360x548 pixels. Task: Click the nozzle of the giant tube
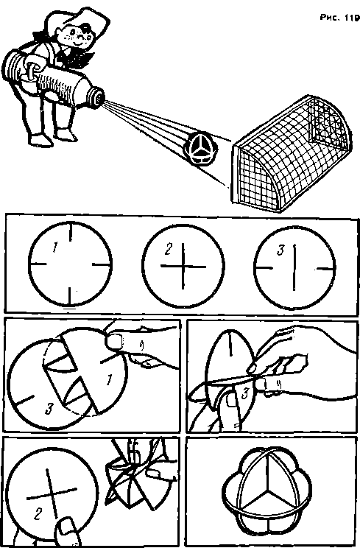tap(96, 96)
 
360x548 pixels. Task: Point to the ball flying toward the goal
tap(201, 150)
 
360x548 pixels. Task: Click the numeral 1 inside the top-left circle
tap(54, 247)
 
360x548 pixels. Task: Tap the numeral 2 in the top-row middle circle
tap(169, 248)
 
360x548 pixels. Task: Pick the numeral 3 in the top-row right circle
tap(280, 250)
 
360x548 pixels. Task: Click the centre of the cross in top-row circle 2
tap(183, 267)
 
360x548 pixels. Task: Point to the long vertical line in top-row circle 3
tap(294, 267)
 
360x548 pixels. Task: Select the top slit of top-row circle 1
tap(71, 232)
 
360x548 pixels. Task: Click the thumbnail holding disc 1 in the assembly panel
tap(114, 341)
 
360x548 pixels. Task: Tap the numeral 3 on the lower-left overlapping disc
tap(49, 408)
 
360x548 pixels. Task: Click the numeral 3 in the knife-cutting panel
tap(244, 394)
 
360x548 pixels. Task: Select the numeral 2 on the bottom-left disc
tap(38, 514)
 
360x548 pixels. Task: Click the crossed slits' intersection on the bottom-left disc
tap(52, 493)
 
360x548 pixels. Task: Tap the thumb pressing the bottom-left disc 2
tap(66, 529)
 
